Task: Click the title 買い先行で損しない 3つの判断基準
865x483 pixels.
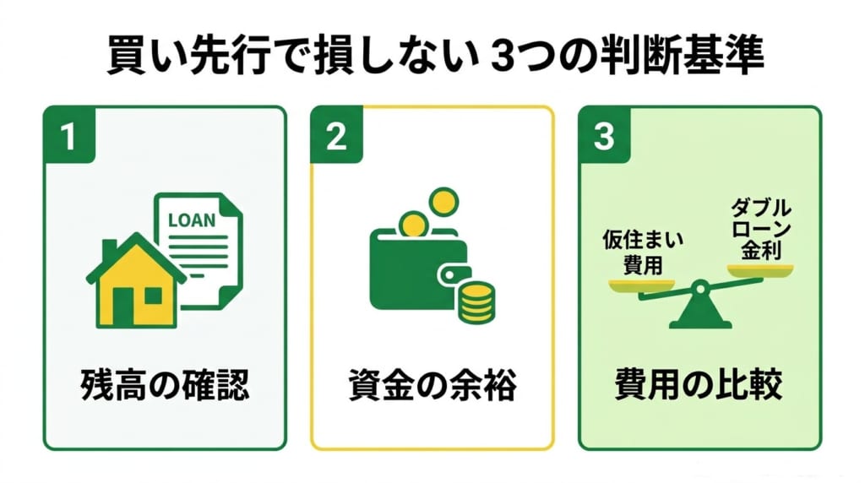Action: [435, 56]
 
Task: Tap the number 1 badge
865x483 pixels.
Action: [69, 134]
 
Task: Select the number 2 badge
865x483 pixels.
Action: [336, 134]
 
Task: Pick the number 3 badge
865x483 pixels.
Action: [604, 134]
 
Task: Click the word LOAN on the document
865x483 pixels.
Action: [192, 220]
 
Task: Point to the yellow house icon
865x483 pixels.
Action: [136, 281]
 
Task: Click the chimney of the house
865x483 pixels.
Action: [110, 249]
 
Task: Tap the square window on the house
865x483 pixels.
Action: [153, 296]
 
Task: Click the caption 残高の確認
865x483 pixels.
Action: [165, 384]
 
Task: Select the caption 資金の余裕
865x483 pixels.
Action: [432, 384]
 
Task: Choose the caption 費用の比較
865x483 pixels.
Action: [699, 384]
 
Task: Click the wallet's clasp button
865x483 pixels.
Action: [449, 274]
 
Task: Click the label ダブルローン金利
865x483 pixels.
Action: [761, 229]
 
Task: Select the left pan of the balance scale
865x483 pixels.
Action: [642, 285]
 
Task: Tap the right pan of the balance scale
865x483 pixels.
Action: [760, 270]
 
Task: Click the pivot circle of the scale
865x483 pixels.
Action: [700, 287]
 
